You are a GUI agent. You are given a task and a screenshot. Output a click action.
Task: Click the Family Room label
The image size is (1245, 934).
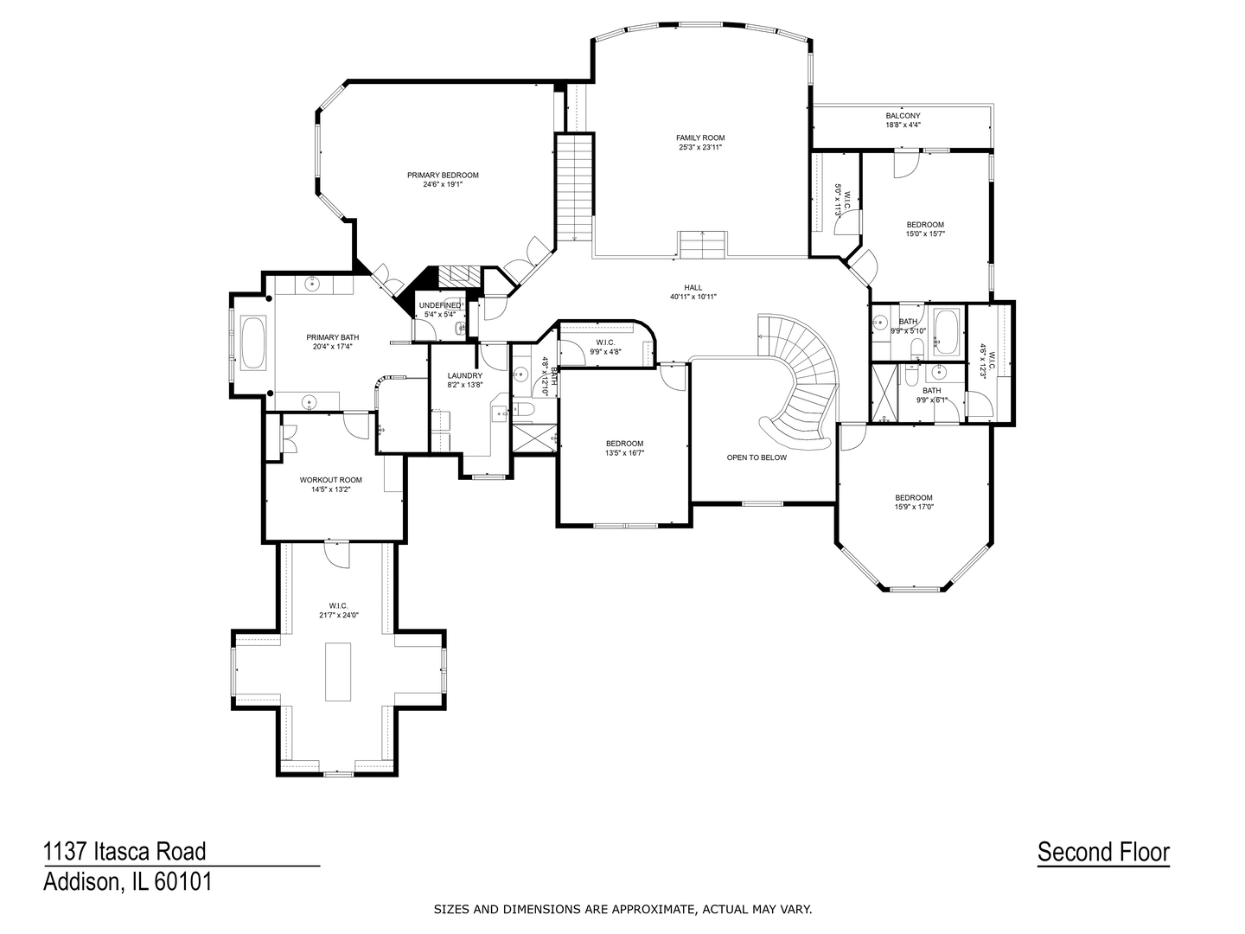click(700, 138)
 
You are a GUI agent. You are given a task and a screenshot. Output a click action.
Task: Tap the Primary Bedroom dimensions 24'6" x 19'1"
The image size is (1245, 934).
click(443, 184)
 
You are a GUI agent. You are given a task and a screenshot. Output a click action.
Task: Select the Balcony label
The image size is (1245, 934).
click(903, 115)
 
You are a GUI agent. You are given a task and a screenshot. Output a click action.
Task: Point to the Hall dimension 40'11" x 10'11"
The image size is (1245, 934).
click(693, 297)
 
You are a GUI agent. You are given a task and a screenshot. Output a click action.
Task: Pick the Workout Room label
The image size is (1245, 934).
click(330, 480)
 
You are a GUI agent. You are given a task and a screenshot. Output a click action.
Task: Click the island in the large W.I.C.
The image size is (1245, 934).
click(337, 671)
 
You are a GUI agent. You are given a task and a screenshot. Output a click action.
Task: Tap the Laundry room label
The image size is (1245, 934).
click(465, 375)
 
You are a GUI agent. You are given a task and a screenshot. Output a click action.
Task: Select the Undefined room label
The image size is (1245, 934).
click(440, 305)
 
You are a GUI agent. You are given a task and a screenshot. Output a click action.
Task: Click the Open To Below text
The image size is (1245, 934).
click(757, 457)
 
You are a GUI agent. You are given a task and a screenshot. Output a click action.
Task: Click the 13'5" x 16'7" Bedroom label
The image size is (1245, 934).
click(624, 444)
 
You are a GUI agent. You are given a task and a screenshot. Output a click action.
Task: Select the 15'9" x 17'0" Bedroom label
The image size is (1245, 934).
click(914, 497)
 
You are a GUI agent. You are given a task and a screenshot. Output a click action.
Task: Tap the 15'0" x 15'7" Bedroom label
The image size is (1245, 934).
click(925, 225)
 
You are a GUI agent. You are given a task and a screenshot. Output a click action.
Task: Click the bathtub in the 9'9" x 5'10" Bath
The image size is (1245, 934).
click(945, 332)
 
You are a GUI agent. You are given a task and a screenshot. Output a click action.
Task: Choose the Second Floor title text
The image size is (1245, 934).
click(1103, 852)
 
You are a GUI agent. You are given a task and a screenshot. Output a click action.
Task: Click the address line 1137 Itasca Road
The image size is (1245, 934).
click(125, 852)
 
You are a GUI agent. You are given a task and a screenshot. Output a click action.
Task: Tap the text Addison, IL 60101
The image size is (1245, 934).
click(128, 882)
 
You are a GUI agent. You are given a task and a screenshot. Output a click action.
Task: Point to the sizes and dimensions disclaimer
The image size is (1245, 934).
click(622, 909)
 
